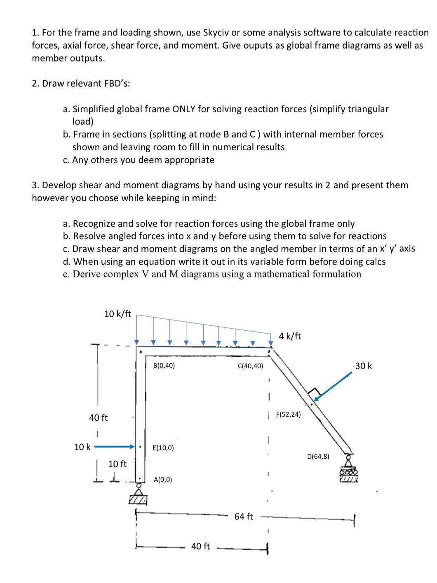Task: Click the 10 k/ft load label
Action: pos(117,314)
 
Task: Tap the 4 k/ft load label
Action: pos(290,336)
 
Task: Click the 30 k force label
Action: pos(363,366)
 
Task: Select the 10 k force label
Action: pos(82,447)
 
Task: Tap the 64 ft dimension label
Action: pos(244,517)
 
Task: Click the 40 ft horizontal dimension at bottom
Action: pos(200,546)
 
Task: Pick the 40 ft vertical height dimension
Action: pos(98,417)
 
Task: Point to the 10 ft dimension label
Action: pos(117,464)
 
